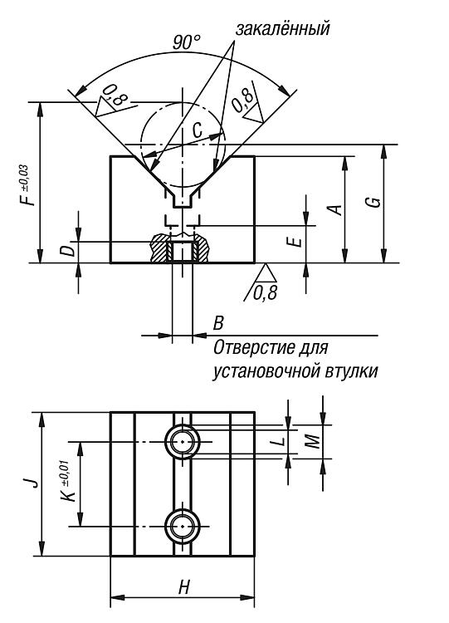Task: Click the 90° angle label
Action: (x=186, y=42)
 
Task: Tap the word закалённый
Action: (x=282, y=28)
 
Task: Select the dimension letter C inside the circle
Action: (x=197, y=130)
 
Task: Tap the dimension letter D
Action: (x=69, y=250)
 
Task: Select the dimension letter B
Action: (x=218, y=323)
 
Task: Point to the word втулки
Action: (x=352, y=372)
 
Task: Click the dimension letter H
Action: (x=183, y=586)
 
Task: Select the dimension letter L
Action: (x=280, y=440)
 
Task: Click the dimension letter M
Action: (x=313, y=441)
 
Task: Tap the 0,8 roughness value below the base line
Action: (x=265, y=293)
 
